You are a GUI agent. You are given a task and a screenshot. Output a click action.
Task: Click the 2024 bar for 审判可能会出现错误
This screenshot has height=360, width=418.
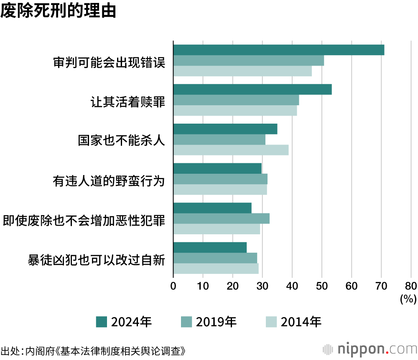pyautogui.click(x=278, y=50)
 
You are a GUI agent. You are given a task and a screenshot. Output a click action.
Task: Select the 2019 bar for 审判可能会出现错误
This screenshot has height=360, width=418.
pyautogui.click(x=248, y=61)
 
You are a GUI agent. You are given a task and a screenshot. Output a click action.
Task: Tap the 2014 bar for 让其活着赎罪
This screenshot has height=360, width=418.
pyautogui.click(x=235, y=111)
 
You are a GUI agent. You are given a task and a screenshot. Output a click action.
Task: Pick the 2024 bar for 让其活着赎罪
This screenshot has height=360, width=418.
pyautogui.click(x=252, y=89)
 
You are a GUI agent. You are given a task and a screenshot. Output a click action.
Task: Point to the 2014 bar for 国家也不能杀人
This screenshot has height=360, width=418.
pyautogui.click(x=231, y=150)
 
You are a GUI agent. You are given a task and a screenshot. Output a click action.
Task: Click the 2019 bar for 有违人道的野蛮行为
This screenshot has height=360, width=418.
pyautogui.click(x=220, y=179)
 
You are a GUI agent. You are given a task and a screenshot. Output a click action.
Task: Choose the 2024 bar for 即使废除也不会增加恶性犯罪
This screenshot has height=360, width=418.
pyautogui.click(x=212, y=208)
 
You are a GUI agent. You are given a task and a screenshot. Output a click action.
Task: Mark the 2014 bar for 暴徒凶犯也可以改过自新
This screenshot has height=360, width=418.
pyautogui.click(x=216, y=269)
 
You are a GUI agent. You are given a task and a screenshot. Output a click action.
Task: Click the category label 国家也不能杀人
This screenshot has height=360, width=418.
pyautogui.click(x=121, y=140)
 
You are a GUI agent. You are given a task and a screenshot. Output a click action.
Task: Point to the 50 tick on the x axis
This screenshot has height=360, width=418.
pyautogui.click(x=322, y=286)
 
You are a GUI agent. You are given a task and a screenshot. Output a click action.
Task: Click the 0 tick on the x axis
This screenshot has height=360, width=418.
pyautogui.click(x=173, y=286)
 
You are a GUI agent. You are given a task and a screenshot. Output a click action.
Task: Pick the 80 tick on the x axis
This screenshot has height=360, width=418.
pyautogui.click(x=411, y=286)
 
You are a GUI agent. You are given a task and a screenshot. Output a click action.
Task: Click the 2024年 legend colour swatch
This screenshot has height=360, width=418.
pyautogui.click(x=102, y=322)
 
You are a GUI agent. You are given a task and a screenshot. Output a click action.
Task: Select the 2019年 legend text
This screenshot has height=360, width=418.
pyautogui.click(x=216, y=322)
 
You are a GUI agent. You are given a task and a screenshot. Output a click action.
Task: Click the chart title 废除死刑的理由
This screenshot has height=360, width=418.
pyautogui.click(x=58, y=11)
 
